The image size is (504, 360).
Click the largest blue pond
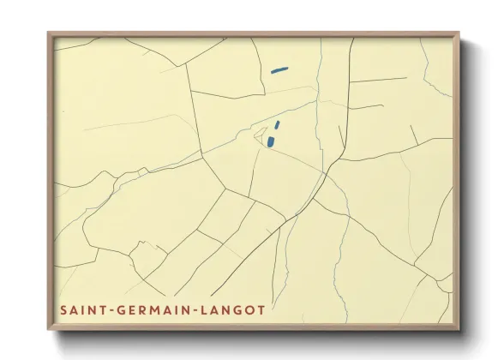271,141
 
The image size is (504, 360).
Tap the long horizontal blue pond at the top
279,69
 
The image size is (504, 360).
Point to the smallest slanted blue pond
277,124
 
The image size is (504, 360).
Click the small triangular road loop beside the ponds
260,134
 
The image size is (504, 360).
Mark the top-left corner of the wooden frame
49,33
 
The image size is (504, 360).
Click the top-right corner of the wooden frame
459,33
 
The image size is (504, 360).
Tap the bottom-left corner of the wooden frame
49,329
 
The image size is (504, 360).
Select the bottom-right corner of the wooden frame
459,329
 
